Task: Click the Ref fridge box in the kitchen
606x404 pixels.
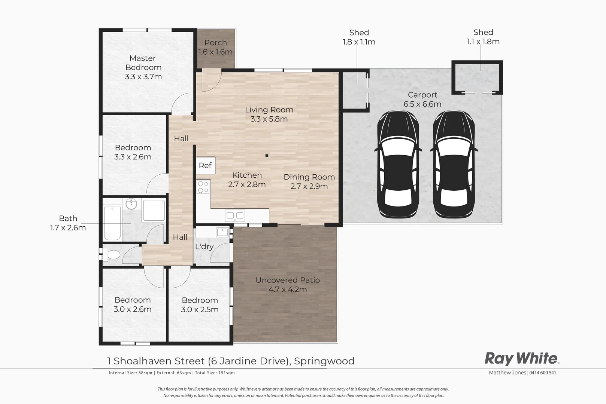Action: point(205,165)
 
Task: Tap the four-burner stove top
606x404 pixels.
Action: point(203,187)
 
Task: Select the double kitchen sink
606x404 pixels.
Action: point(235,215)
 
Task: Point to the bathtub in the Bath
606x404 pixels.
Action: point(112,223)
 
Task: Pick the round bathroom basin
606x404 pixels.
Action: point(131,204)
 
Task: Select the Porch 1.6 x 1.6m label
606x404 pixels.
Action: point(215,48)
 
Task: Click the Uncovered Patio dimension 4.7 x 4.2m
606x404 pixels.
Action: point(288,289)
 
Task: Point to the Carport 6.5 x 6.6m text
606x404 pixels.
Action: point(422,100)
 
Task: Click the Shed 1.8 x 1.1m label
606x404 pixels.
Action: point(359,37)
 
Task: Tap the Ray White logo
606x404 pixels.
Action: point(521,358)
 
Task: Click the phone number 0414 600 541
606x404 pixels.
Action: point(543,373)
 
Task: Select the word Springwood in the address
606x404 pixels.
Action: point(324,361)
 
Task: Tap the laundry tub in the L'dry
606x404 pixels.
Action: point(222,232)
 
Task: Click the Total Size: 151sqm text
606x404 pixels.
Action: point(215,373)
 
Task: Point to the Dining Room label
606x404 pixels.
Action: point(309,181)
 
